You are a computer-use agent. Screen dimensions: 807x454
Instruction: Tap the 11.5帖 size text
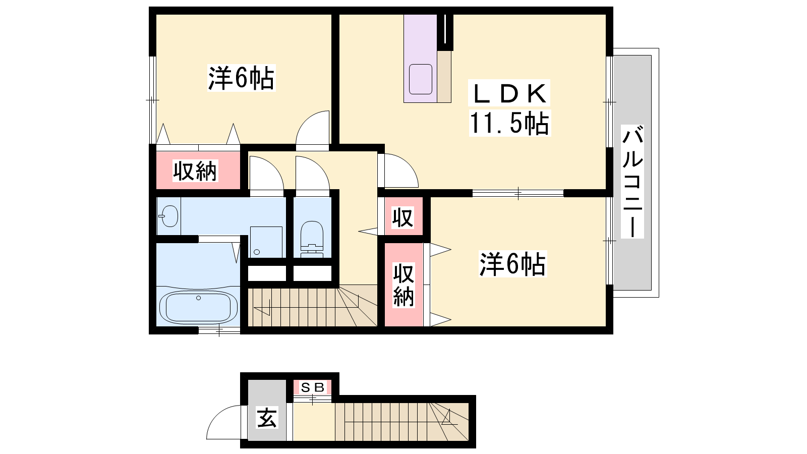509,123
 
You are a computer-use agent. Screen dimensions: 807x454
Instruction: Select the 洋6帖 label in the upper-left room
241,78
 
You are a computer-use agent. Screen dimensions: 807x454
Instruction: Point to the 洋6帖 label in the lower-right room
512,264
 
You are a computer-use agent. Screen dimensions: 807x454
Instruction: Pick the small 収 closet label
402,217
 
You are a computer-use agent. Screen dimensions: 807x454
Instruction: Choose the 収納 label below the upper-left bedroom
195,171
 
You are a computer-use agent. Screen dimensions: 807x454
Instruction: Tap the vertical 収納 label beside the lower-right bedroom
403,285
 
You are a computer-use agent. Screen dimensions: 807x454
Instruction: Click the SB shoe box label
313,387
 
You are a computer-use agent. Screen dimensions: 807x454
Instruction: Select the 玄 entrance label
267,417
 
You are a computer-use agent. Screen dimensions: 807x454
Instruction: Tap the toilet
312,239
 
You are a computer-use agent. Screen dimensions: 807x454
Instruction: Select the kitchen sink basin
421,79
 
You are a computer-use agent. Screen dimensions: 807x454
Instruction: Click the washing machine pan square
266,242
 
